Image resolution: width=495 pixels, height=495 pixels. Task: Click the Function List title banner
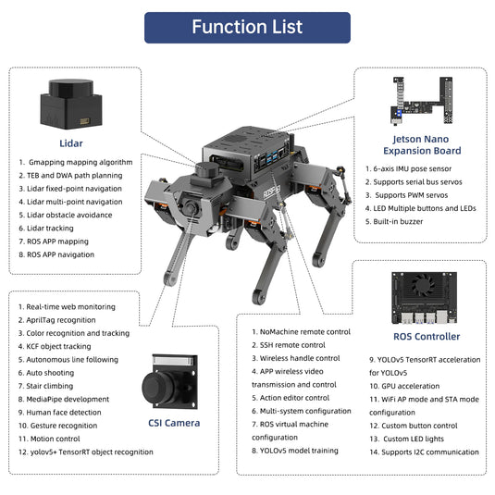(247, 27)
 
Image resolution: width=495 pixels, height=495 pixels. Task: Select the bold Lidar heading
(70, 143)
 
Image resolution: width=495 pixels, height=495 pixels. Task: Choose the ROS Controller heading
(427, 336)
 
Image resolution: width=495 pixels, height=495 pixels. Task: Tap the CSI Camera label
(174, 423)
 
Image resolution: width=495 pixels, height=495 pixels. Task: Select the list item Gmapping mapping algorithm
(74, 161)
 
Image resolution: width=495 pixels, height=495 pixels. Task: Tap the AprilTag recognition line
(61, 319)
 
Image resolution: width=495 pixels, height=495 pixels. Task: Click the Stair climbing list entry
(51, 386)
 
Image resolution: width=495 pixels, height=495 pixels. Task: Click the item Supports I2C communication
(425, 452)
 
